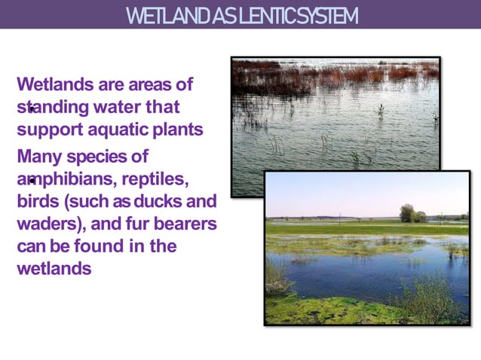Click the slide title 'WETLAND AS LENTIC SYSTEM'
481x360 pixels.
coord(241,15)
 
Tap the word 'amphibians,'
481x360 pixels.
coord(63,180)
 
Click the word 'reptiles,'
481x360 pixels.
coord(155,180)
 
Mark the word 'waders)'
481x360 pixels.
coord(47,224)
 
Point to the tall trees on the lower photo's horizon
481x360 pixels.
coord(408,212)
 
